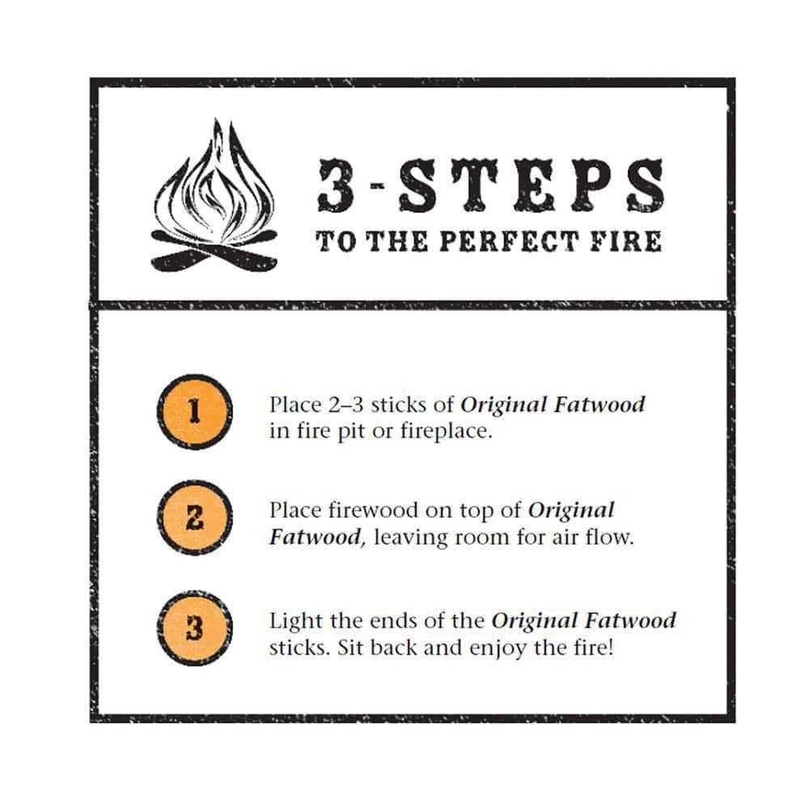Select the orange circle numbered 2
[193, 520]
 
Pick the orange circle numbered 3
[193, 629]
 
